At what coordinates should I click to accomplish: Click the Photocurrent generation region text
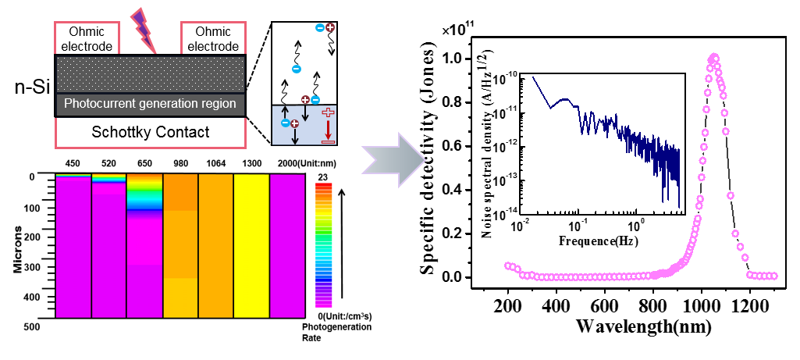tap(150, 104)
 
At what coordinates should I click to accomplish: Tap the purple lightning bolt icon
tap(145, 28)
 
